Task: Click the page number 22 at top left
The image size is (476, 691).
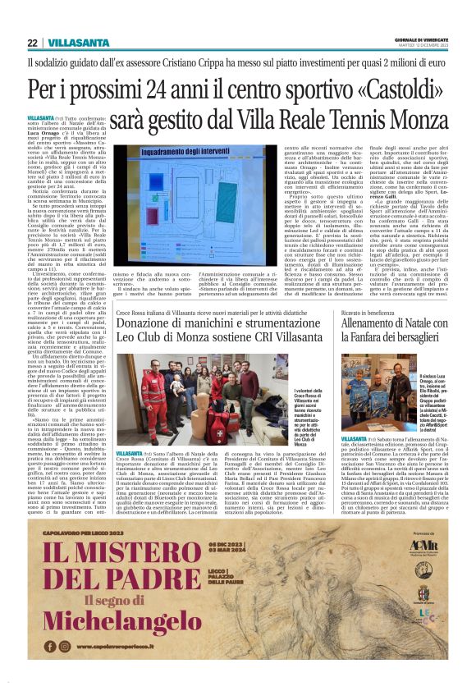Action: (32, 43)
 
